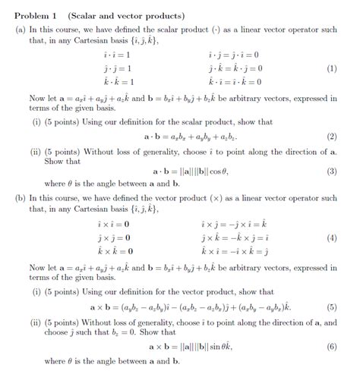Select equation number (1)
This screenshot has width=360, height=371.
330,68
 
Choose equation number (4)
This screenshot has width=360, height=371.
330,237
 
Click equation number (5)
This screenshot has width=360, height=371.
330,307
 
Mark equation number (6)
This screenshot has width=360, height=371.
330,347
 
